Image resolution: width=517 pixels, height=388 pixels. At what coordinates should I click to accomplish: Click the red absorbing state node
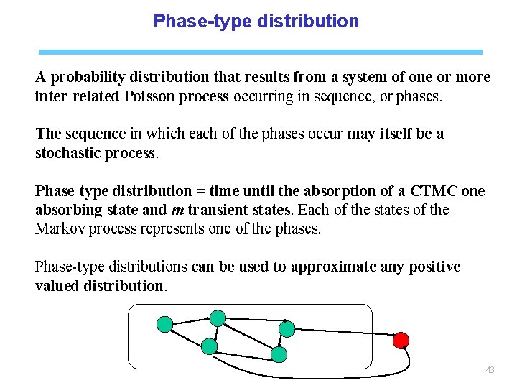click(x=401, y=340)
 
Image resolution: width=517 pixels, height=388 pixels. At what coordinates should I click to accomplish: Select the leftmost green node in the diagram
click(x=164, y=325)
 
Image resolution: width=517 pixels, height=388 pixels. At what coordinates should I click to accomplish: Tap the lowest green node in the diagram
click(x=279, y=354)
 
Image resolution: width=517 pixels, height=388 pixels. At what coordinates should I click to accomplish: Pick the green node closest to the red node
click(x=287, y=329)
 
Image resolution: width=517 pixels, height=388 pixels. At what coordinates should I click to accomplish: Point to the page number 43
click(x=490, y=370)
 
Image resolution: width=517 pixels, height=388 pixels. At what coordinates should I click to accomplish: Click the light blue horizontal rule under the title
click(x=260, y=52)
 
